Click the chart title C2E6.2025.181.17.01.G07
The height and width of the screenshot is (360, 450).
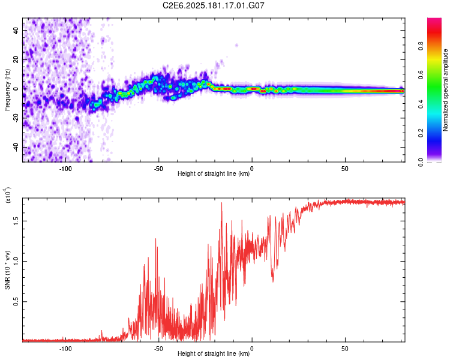[x=213, y=5]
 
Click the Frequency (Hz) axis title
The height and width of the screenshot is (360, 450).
[x=7, y=90]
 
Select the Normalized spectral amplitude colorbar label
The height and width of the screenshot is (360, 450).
[x=445, y=90]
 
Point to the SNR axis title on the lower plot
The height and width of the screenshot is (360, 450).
[x=7, y=270]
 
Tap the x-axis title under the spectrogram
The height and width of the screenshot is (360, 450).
[x=214, y=173]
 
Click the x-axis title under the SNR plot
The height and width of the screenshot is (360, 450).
[x=214, y=353]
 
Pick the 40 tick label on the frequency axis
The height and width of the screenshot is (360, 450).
[x=16, y=30]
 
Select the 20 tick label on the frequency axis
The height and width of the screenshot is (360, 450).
[x=16, y=60]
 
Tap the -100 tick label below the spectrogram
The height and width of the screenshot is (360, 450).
[x=65, y=169]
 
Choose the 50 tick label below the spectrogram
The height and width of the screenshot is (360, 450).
[x=345, y=169]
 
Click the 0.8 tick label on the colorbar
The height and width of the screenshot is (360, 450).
[x=421, y=46]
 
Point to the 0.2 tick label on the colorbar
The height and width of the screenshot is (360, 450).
[x=421, y=133]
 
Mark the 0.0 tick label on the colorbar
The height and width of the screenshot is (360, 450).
[x=421, y=162]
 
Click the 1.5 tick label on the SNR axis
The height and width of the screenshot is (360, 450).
[x=16, y=221]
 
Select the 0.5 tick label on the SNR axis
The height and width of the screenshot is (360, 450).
[x=16, y=301]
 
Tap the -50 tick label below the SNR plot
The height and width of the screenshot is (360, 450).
[x=159, y=349]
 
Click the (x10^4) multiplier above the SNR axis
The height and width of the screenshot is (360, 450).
[x=8, y=195]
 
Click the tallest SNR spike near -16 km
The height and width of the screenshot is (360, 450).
[x=221, y=203]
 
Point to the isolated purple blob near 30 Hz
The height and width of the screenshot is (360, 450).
[x=236, y=46]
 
